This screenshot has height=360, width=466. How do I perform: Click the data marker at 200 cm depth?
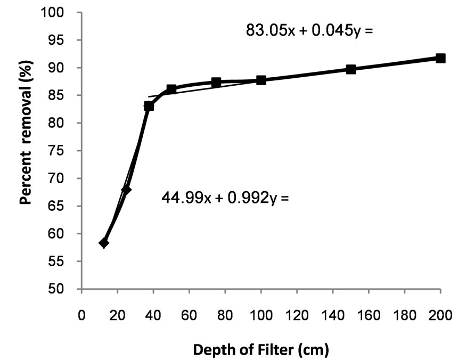click(440, 58)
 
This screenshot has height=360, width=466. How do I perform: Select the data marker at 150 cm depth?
click(351, 69)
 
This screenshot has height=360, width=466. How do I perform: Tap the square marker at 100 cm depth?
click(261, 80)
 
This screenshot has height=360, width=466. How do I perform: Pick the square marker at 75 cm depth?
click(216, 82)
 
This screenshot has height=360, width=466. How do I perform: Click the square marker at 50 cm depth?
click(171, 89)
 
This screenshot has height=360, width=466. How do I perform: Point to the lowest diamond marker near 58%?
click(104, 243)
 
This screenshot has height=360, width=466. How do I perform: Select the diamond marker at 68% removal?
click(126, 189)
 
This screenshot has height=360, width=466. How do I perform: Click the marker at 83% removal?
click(149, 106)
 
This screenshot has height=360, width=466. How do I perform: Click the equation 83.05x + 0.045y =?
click(308, 30)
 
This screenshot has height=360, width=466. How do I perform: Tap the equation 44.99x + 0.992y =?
click(224, 199)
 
